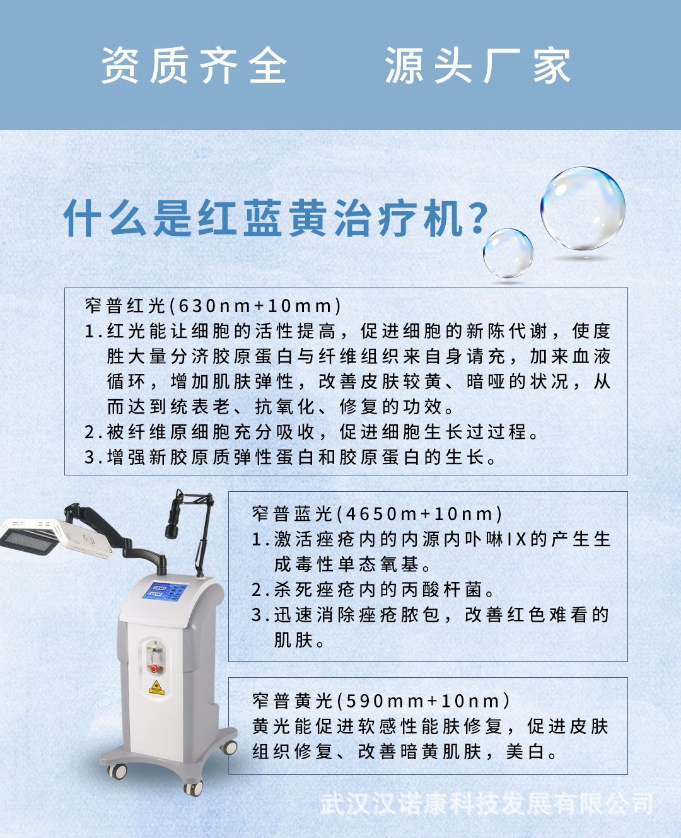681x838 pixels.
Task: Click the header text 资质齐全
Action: click(x=194, y=66)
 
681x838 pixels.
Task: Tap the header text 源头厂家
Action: click(x=477, y=66)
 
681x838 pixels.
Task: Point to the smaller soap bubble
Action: click(x=508, y=253)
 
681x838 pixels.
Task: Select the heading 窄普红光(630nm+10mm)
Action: click(x=213, y=306)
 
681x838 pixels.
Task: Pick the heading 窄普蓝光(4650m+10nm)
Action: click(x=377, y=514)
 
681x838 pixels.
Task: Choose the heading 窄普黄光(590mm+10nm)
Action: click(x=381, y=701)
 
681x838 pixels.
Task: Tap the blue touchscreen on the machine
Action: click(x=166, y=591)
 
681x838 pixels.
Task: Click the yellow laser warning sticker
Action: click(x=156, y=687)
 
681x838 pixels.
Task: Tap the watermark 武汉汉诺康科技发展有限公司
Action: click(x=486, y=804)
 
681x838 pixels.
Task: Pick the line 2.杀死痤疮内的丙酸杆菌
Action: click(x=373, y=590)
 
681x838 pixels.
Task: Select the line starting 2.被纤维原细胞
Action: click(x=312, y=432)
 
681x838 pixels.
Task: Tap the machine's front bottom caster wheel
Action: click(x=192, y=788)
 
